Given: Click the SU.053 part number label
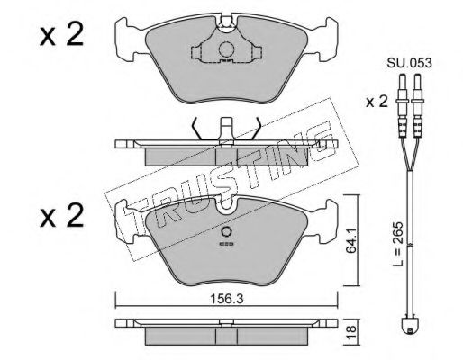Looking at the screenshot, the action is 409,63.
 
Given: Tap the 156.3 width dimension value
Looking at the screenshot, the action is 226,298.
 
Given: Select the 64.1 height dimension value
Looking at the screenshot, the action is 350,240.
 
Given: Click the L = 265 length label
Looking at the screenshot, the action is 399,244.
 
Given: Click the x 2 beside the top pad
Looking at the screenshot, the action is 61,35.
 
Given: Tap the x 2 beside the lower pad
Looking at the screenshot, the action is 61,215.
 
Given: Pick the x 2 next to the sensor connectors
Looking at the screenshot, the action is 377,102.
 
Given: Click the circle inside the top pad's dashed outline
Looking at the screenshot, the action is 226,49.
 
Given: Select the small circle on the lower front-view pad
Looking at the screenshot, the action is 226,232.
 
